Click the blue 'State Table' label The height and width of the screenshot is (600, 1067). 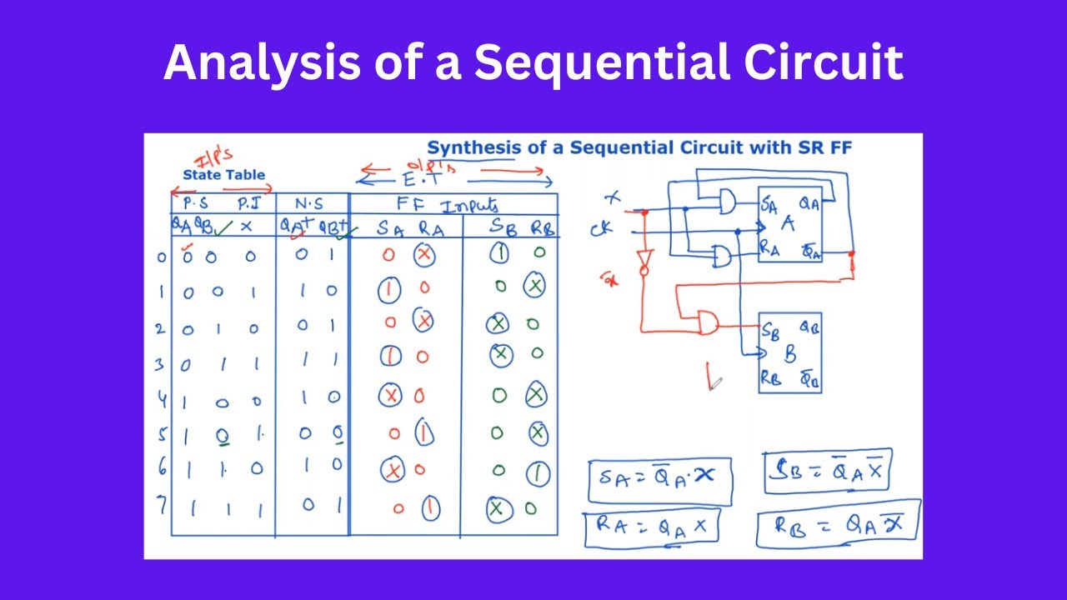click(223, 175)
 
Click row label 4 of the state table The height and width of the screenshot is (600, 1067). click(162, 400)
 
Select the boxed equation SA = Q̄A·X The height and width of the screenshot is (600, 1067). click(659, 479)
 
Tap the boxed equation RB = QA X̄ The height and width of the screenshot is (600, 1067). click(838, 524)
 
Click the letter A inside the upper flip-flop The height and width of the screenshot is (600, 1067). click(787, 224)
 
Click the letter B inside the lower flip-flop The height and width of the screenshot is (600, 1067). click(789, 354)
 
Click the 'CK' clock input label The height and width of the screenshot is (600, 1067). click(602, 228)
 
